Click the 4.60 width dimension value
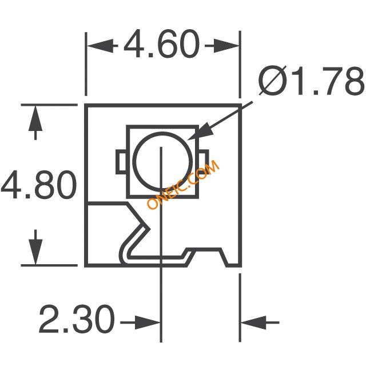161,43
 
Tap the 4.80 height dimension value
39,185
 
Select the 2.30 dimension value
77,319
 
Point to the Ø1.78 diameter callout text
311,81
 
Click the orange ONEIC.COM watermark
183,184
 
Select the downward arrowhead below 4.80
35,252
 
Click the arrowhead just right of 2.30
148,323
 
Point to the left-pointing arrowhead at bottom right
254,323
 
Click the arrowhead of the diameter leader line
201,132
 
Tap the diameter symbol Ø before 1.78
273,81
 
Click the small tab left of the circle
121,162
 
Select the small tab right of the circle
203,162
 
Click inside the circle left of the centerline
148,161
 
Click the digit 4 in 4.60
133,43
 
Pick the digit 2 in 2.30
49,319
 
